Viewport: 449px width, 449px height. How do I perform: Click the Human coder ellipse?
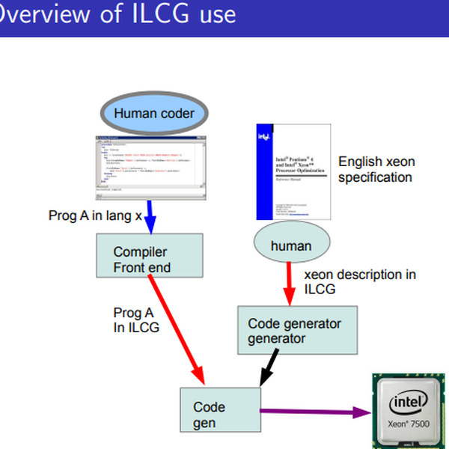click(x=153, y=114)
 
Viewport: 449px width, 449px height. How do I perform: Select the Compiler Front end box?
click(x=150, y=254)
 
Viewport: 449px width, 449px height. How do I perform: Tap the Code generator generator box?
click(x=297, y=331)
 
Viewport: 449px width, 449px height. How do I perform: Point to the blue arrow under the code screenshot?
click(x=150, y=216)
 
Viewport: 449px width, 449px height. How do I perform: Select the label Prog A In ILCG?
click(x=135, y=320)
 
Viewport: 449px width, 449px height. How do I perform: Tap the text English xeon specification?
click(x=376, y=169)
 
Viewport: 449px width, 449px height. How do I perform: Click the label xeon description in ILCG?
click(x=359, y=281)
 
